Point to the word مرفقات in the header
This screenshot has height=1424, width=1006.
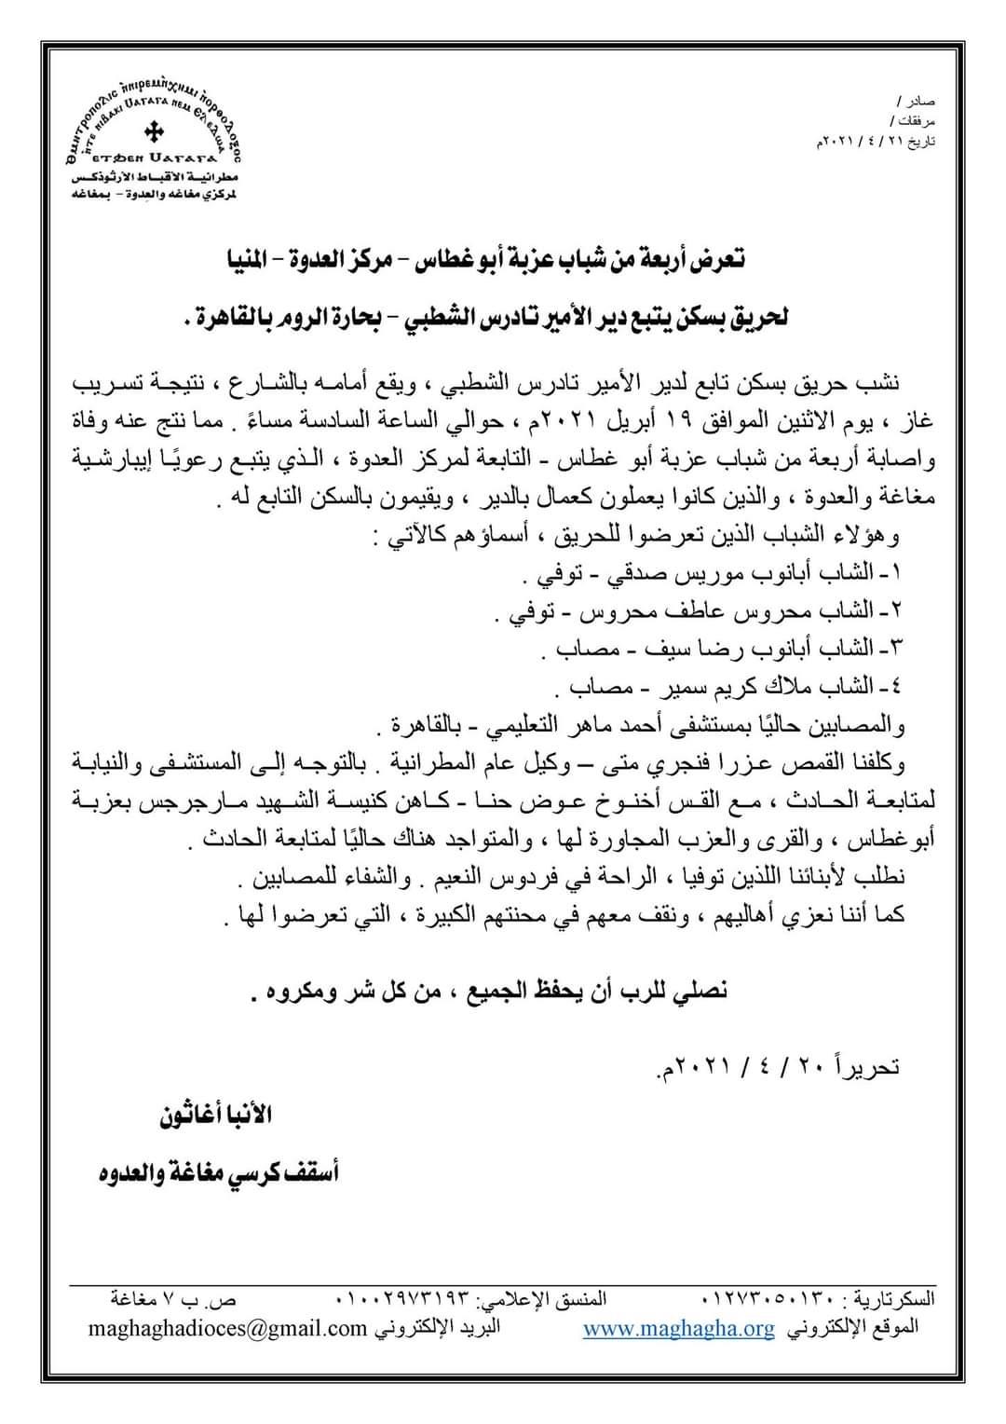[914, 121]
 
